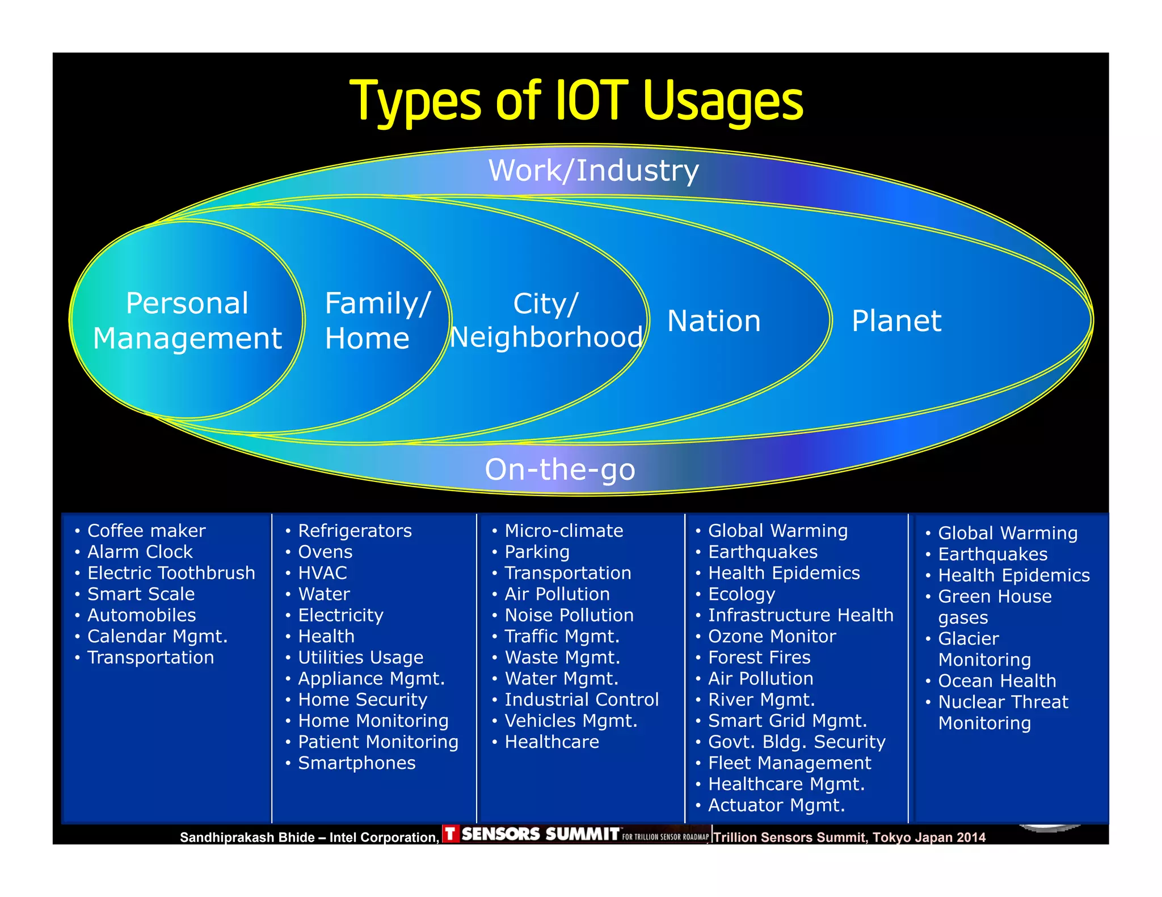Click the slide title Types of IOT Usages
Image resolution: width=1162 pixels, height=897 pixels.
click(576, 102)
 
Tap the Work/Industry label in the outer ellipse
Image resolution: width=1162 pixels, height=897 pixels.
click(593, 171)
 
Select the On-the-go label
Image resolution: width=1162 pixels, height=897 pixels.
click(559, 469)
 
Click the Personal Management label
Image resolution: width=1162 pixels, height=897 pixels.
click(187, 321)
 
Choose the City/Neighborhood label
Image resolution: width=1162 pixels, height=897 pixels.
click(546, 321)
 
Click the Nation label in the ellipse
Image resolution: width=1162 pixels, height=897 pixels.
click(713, 321)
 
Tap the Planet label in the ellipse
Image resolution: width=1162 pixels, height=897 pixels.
click(896, 321)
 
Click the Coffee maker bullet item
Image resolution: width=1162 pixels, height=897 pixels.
click(146, 531)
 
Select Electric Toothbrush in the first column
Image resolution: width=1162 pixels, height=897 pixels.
click(171, 573)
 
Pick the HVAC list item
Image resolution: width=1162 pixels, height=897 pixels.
click(322, 573)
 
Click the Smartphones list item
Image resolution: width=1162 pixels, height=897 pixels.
click(356, 763)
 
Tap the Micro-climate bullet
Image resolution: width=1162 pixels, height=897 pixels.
click(563, 531)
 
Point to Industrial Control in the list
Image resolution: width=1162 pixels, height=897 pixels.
click(582, 700)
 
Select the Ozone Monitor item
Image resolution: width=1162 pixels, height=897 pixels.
click(772, 636)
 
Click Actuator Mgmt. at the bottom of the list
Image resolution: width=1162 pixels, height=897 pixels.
click(776, 805)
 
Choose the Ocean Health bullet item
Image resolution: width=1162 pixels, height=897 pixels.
click(997, 681)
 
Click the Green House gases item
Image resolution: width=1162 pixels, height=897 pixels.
click(994, 607)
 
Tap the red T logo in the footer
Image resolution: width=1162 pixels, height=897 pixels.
click(450, 834)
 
